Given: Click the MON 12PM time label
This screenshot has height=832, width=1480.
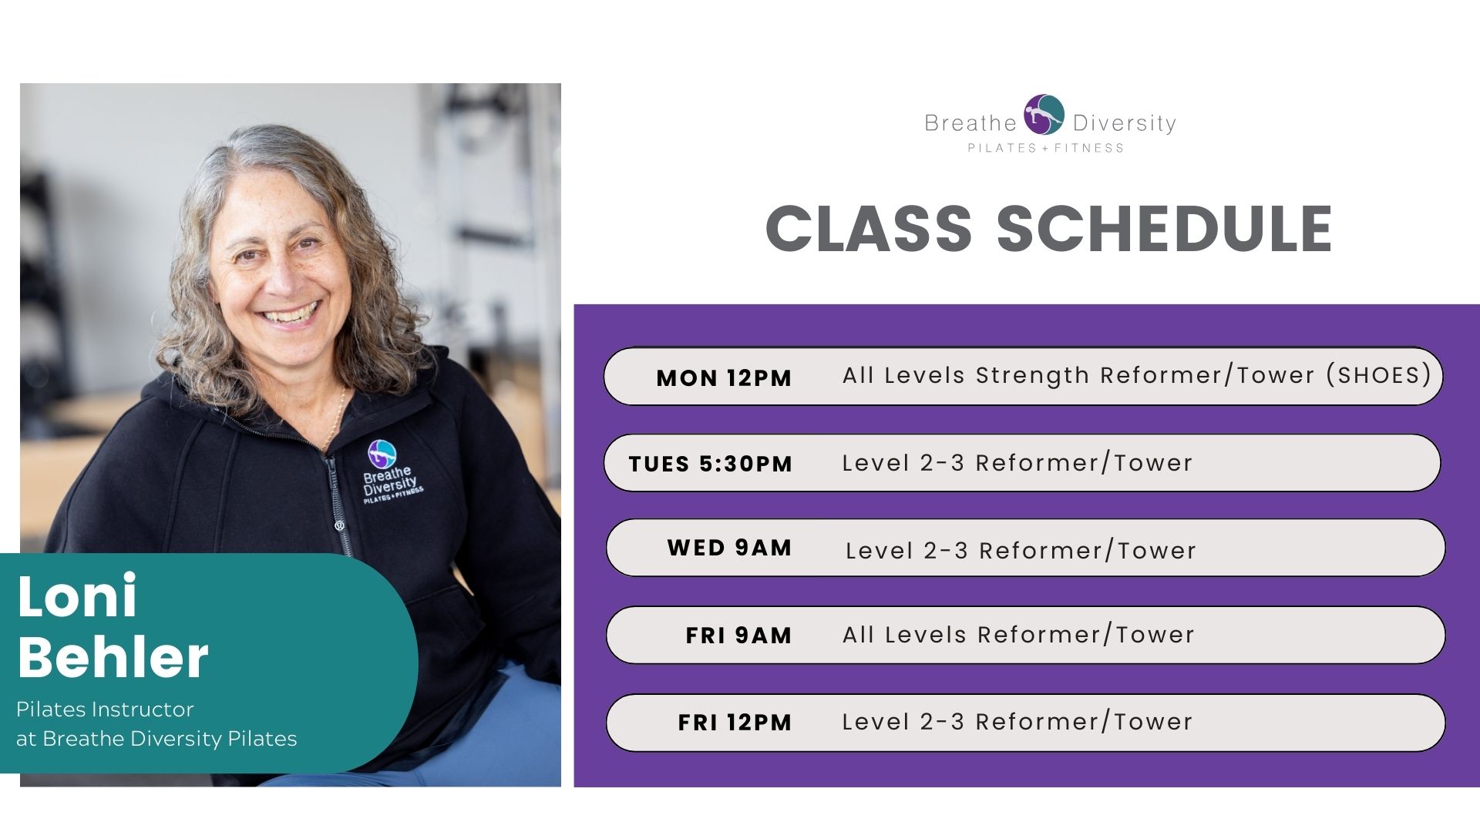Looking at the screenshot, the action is pyautogui.click(x=724, y=378).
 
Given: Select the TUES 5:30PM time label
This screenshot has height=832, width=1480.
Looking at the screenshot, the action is pyautogui.click(x=710, y=464).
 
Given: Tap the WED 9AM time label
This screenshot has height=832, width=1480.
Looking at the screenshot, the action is pyautogui.click(x=729, y=548).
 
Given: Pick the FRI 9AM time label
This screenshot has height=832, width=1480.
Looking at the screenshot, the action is pyautogui.click(x=738, y=636).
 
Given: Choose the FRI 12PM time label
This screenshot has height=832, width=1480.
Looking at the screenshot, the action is pyautogui.click(x=735, y=723).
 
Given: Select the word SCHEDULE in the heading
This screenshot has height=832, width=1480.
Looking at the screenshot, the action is pyautogui.click(x=1164, y=229).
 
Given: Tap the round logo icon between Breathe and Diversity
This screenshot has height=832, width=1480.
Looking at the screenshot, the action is pyautogui.click(x=1044, y=115).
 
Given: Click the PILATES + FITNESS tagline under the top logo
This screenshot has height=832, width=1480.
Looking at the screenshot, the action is pyautogui.click(x=1046, y=148).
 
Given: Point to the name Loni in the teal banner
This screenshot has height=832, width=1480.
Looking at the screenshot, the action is pyautogui.click(x=77, y=595).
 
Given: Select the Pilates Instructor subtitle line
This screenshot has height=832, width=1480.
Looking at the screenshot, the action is pyautogui.click(x=105, y=709).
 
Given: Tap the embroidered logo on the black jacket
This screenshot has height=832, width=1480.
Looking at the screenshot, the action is pyautogui.click(x=390, y=474).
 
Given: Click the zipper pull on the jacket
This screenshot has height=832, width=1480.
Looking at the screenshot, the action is pyautogui.click(x=338, y=526).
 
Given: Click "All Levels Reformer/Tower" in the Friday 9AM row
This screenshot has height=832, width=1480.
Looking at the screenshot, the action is pyautogui.click(x=1018, y=635).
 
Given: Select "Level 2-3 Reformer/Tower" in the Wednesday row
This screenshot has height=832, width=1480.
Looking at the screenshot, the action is pyautogui.click(x=1021, y=550).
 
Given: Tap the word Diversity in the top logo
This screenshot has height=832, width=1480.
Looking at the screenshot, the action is pyautogui.click(x=1125, y=123).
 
